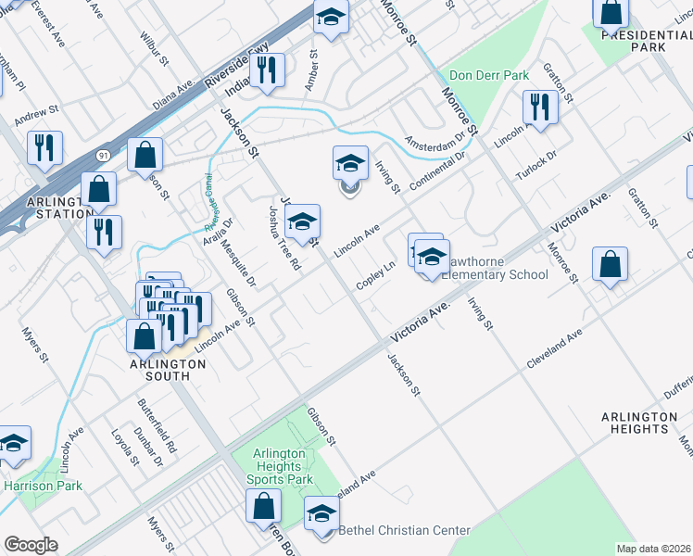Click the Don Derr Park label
[487, 75]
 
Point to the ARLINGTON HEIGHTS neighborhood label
[639, 423]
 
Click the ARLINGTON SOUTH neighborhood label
[167, 364]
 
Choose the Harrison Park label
[43, 486]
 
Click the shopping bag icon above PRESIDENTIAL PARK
[611, 14]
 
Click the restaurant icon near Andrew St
[44, 147]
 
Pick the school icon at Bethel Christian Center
[321, 513]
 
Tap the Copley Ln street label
[377, 274]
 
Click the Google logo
[31, 545]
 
